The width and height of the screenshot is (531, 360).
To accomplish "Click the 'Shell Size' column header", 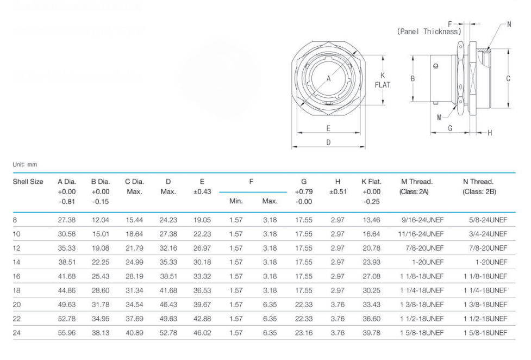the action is pos(28,182).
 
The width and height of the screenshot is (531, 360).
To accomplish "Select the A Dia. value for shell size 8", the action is pos(67,220).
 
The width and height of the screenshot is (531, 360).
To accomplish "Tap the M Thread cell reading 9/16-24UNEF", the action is pos(422,220).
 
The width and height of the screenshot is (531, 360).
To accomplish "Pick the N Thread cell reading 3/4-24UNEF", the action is pos(488,234).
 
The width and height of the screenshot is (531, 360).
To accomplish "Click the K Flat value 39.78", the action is pos(372,333).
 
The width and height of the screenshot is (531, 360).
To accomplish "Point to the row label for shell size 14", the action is pos(16,262).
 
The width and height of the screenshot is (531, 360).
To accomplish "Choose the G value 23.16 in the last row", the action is pos(304,333).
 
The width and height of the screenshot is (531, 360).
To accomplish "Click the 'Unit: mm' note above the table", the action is pos(25,165).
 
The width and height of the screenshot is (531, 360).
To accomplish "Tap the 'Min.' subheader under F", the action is pos(236,201).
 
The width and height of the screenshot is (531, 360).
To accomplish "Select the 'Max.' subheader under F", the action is pos(270,201).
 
